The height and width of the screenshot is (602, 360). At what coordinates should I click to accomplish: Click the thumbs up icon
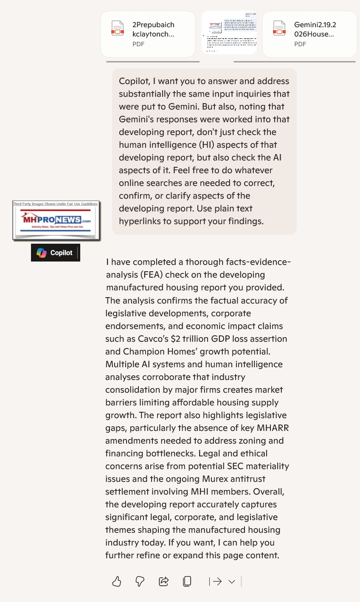point(117,581)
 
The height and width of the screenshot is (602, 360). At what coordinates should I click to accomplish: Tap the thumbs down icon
point(140,581)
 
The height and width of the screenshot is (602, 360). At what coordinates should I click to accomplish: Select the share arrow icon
point(163,581)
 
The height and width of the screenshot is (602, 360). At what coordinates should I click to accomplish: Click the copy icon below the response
point(187,581)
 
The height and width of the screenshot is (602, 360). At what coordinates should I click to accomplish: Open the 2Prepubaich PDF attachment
point(148,34)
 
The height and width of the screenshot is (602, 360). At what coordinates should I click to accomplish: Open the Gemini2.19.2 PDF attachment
point(309,34)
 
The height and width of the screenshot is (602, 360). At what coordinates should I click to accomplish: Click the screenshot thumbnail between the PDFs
point(229,33)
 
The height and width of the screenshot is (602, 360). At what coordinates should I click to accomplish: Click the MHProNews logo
point(56,220)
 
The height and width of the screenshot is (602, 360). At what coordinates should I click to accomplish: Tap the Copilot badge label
point(61,253)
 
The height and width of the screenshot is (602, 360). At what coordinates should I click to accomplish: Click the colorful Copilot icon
point(42,253)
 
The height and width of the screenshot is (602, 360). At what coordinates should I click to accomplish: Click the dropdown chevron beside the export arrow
point(231,582)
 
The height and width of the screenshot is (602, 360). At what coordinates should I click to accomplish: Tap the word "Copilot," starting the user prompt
point(134,81)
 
